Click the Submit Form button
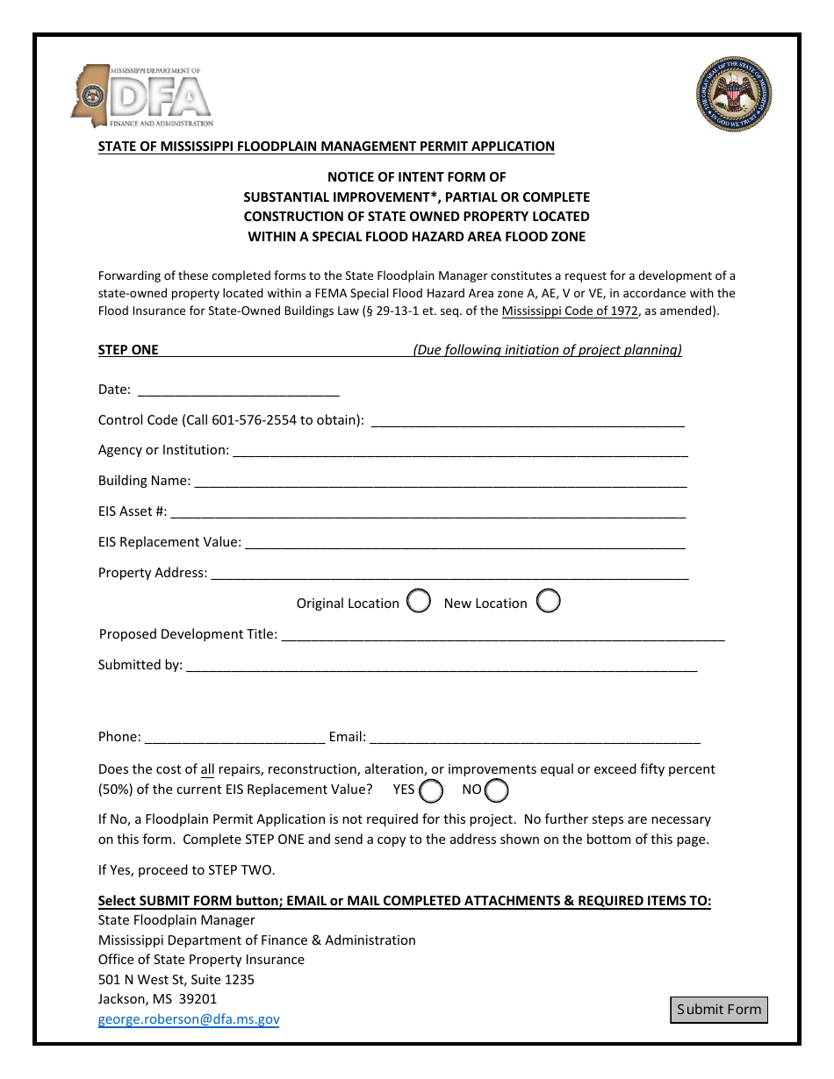click(x=719, y=1010)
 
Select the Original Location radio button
click(x=420, y=602)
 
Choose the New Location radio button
click(x=549, y=602)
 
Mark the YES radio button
click(x=431, y=790)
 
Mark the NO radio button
click(x=497, y=790)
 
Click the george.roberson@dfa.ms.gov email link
click(x=189, y=1019)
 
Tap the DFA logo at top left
click(x=142, y=96)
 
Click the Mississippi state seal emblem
click(x=735, y=95)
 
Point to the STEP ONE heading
click(x=128, y=349)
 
